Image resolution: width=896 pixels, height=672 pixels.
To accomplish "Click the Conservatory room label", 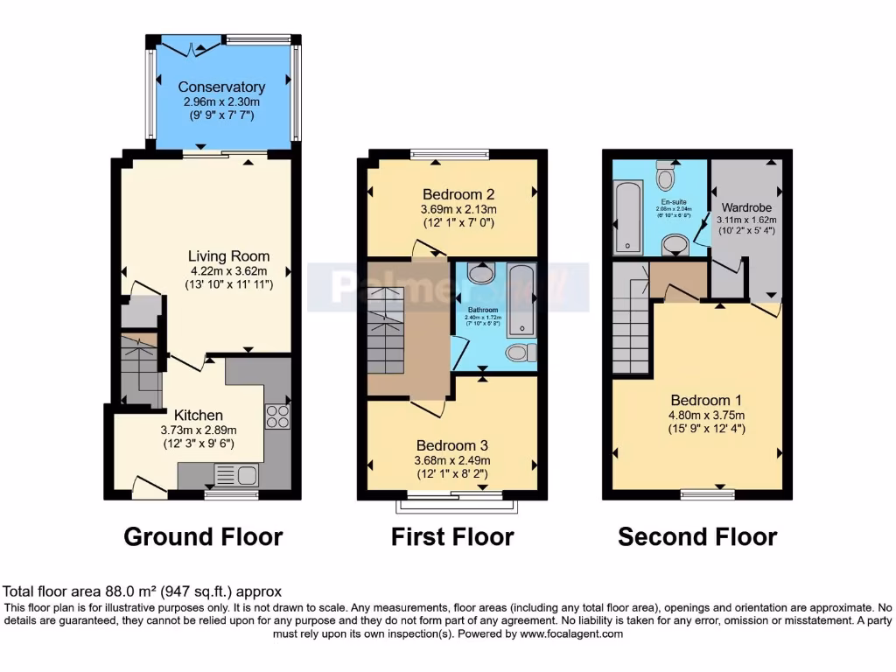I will click(221, 87).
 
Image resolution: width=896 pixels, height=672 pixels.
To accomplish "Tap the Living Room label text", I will click(228, 256).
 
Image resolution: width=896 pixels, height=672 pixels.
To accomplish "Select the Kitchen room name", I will click(198, 415).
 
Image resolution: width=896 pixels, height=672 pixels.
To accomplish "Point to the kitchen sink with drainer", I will click(235, 475).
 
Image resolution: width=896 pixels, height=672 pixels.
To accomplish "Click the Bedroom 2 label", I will click(459, 194).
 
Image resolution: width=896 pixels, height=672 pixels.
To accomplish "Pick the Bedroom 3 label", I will click(452, 444).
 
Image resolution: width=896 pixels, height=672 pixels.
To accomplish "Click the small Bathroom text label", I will click(482, 310).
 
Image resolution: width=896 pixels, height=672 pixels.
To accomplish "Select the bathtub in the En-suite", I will click(627, 215).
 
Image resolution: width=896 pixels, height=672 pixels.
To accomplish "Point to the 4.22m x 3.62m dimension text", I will click(228, 270).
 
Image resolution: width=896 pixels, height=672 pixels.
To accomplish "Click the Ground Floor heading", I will click(203, 535).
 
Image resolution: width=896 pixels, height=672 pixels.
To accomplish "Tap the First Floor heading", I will click(451, 535).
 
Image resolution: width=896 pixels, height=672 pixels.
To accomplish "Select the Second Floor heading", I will click(696, 535).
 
